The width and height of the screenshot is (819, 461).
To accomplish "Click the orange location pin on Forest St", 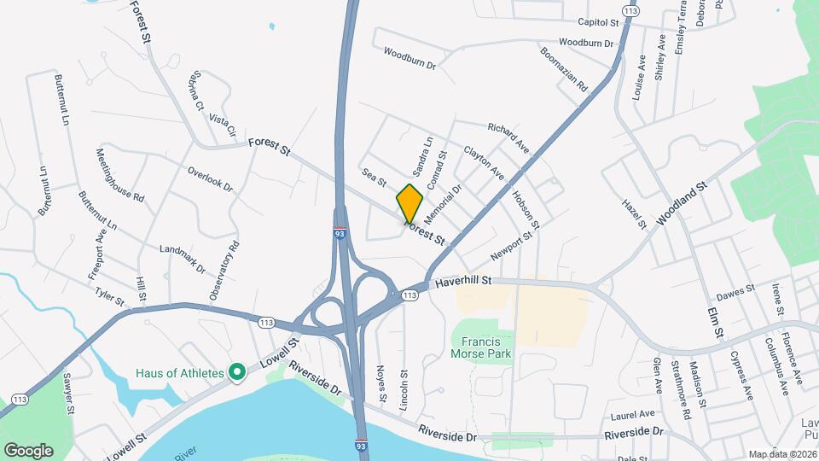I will click(x=409, y=203).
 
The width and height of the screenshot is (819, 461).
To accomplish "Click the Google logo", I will click(x=27, y=450).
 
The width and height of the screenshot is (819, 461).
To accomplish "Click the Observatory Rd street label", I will click(x=224, y=271).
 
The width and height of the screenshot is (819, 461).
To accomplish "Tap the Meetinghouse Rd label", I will click(x=120, y=175).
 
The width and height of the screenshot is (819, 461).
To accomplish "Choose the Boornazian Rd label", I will click(x=564, y=69).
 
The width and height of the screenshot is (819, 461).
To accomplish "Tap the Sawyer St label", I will click(x=67, y=394).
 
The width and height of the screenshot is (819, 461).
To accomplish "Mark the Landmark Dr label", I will click(x=183, y=258).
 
